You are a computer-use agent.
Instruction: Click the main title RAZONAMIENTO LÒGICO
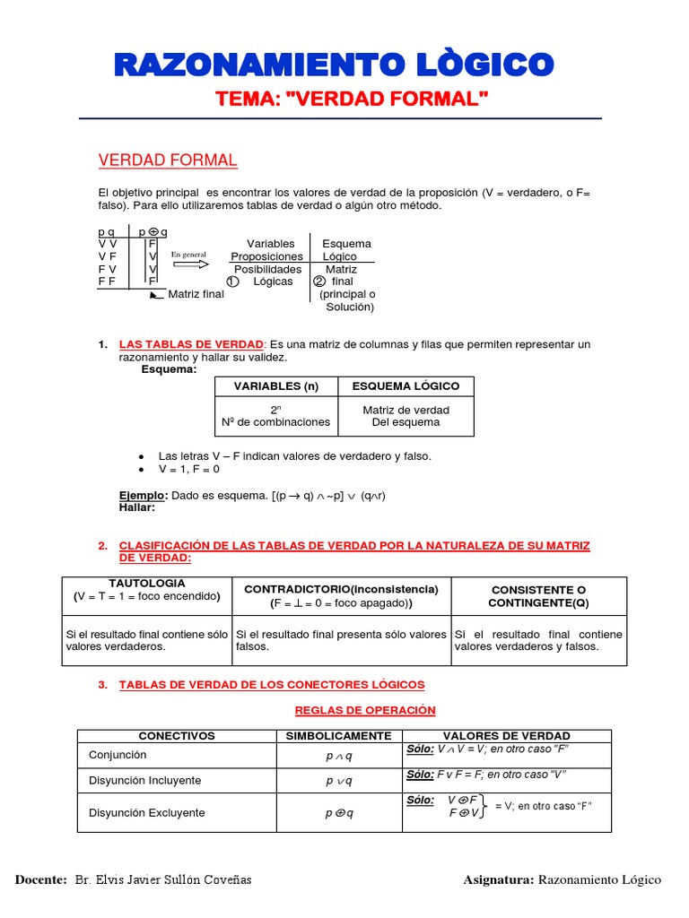[x=334, y=65]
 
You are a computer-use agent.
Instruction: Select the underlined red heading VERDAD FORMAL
[x=167, y=160]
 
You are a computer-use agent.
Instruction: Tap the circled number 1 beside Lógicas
[x=231, y=281]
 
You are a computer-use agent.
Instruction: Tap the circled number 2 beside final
[x=318, y=281]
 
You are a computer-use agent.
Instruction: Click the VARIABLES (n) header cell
[x=275, y=386]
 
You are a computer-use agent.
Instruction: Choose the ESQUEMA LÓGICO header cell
[x=406, y=386]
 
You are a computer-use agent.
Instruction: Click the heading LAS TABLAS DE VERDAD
[x=191, y=345]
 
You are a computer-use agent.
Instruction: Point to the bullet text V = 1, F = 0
[x=189, y=469]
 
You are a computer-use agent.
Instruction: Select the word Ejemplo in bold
[x=143, y=496]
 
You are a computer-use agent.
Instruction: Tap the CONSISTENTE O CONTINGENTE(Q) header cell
[x=538, y=596]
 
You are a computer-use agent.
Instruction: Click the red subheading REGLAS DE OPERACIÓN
[x=365, y=710]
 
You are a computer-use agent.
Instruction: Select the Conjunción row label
[x=118, y=756]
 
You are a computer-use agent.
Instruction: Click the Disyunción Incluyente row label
[x=144, y=781]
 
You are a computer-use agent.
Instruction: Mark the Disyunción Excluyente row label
[x=146, y=813]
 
